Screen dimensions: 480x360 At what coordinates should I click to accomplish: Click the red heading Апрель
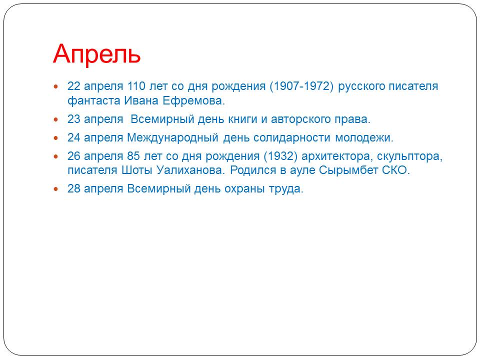(96, 54)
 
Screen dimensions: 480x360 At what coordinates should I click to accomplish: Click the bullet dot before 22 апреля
(55, 86)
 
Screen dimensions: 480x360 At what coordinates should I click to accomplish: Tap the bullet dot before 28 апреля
(55, 189)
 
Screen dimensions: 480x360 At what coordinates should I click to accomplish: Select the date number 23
(74, 119)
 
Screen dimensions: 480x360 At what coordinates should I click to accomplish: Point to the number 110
(136, 86)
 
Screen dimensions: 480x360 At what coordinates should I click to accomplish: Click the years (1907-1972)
(301, 86)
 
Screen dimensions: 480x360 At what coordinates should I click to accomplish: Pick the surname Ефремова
(194, 100)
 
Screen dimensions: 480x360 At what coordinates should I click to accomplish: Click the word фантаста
(94, 100)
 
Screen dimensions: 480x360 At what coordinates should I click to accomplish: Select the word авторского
(300, 119)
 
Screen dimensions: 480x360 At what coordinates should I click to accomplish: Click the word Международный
(172, 138)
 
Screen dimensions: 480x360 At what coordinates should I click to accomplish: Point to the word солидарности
(292, 138)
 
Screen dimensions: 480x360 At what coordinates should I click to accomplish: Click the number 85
(133, 156)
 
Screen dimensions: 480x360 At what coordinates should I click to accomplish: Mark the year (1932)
(280, 156)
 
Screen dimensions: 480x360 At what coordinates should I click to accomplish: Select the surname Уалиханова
(190, 170)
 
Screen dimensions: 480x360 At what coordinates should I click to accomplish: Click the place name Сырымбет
(348, 170)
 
